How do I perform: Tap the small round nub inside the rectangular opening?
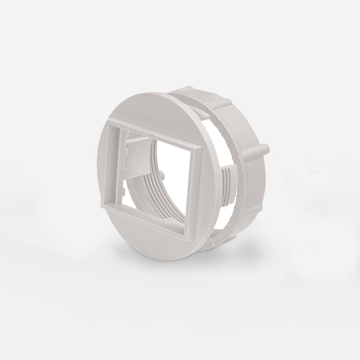pyautogui.click(x=162, y=173)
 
